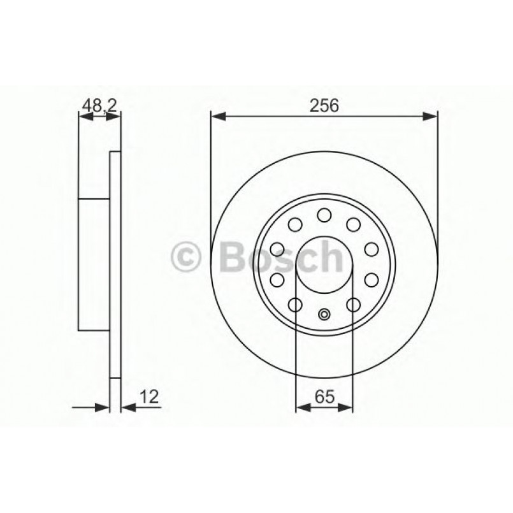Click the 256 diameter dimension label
324,105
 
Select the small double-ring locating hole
324,313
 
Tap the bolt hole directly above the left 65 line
296,305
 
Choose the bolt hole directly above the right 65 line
353,305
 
